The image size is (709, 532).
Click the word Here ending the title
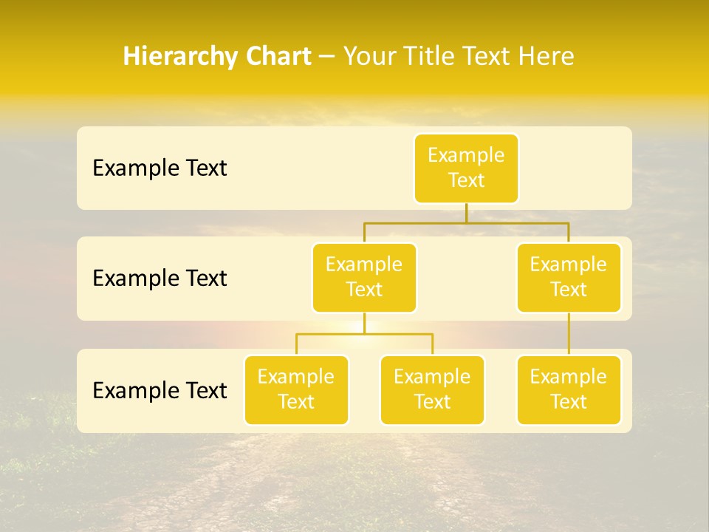click(546, 57)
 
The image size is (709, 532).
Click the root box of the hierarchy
click(466, 168)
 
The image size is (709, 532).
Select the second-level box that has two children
click(364, 277)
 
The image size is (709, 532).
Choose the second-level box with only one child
click(569, 277)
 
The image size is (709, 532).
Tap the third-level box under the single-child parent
click(569, 389)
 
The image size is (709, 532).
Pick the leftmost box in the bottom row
click(296, 389)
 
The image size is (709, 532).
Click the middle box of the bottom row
click(432, 389)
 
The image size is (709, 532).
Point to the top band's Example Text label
click(160, 168)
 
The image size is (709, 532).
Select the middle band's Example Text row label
click(160, 279)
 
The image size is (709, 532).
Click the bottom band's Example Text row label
click(160, 390)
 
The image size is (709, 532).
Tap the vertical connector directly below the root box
click(466, 213)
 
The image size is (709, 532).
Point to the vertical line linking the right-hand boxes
click(569, 333)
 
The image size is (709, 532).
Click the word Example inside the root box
click(466, 156)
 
